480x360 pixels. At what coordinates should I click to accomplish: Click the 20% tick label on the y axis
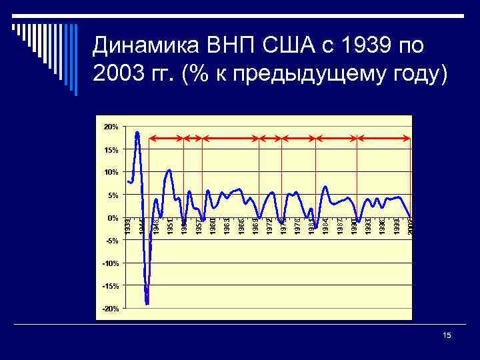[x=111, y=127]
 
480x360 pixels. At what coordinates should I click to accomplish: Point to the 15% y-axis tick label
[x=111, y=150]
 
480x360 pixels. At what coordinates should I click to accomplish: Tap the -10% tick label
[x=110, y=263]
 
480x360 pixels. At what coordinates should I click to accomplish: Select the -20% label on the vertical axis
[x=110, y=309]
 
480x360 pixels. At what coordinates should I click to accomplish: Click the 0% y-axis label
[x=113, y=218]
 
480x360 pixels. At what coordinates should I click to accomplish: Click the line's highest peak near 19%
[x=137, y=132]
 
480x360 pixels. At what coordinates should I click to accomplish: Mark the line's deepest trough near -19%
[x=147, y=304]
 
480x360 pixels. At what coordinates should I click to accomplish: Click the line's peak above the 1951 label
[x=170, y=170]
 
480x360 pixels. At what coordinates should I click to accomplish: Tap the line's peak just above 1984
[x=325, y=186]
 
